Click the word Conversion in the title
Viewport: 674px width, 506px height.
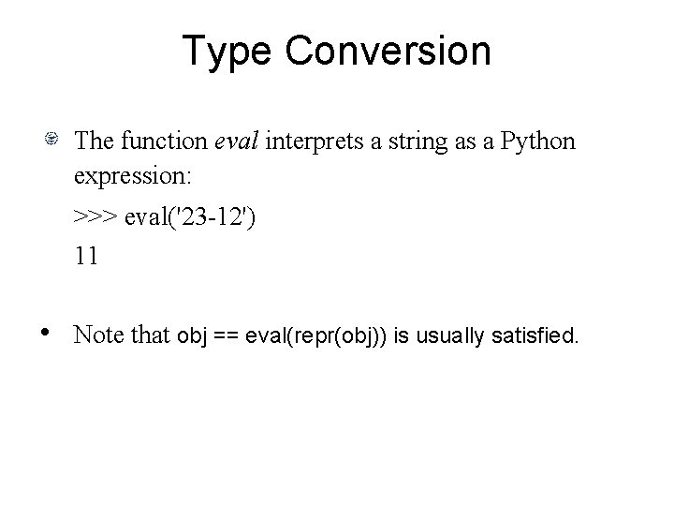(x=388, y=51)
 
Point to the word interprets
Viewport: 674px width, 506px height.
(x=311, y=141)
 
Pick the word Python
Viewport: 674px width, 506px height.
(x=538, y=141)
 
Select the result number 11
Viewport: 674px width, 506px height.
(x=87, y=256)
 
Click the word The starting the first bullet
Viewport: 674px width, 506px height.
(x=95, y=141)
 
